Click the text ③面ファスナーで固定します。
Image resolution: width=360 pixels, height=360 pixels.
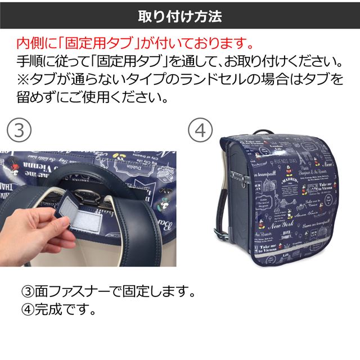[107, 292]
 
